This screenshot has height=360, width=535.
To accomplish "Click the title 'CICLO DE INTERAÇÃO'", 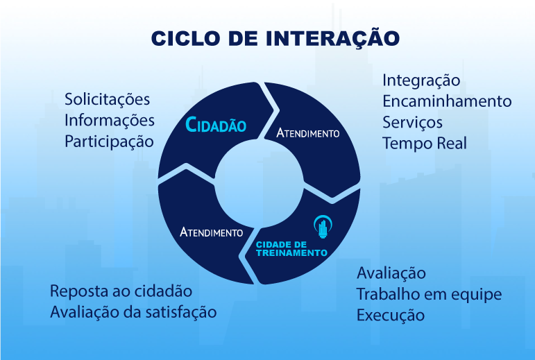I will tap(275, 38).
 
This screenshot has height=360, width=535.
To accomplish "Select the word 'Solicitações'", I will tap(107, 99).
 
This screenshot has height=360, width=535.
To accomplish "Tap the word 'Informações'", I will tap(109, 120).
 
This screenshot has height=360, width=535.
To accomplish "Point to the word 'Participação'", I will tap(108, 142).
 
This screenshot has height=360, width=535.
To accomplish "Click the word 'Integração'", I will tap(421, 80).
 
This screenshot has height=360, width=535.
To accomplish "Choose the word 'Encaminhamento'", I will tap(447, 101).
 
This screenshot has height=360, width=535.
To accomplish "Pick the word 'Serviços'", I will tap(412, 122).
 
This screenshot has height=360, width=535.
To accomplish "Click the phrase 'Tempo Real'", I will tap(425, 144).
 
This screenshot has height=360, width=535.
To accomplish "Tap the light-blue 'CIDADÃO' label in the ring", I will tap(216, 126).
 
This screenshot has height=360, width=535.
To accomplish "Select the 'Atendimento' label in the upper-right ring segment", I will tap(308, 132).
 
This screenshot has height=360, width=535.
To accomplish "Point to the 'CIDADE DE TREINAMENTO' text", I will tap(291, 249).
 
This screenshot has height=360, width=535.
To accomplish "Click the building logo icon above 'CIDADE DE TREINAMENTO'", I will tap(321, 226).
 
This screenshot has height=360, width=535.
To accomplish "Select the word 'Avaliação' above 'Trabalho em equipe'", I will tap(391, 273).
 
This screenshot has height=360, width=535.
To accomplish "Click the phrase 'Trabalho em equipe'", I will tap(429, 294).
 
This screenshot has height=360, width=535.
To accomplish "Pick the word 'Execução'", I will tap(390, 316).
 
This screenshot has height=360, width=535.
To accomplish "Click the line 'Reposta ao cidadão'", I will tap(121, 291).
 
